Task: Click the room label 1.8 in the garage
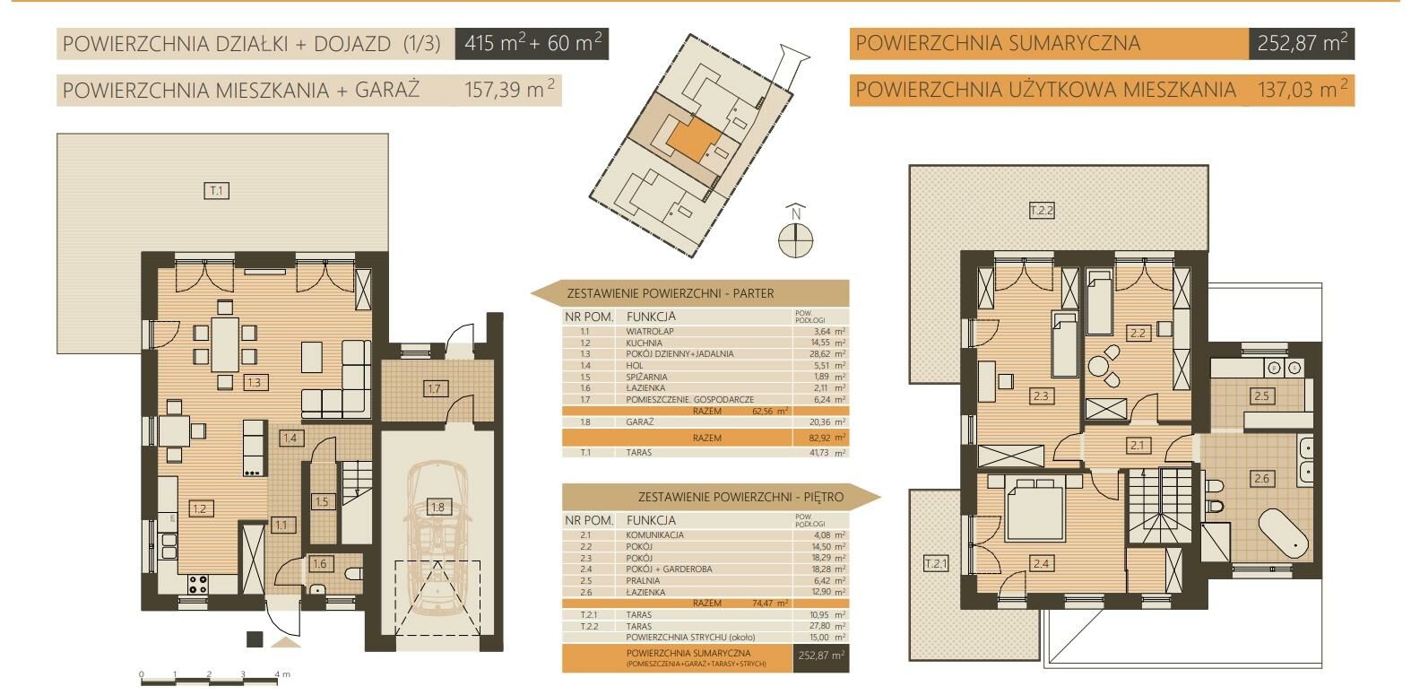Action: click(437, 507)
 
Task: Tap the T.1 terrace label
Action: click(216, 190)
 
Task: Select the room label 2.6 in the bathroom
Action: click(1261, 478)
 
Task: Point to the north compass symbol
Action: click(795, 232)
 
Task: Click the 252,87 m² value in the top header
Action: click(1302, 43)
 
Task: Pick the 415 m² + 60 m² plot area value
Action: click(532, 43)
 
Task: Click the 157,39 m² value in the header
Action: click(509, 90)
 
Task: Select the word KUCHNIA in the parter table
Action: click(644, 343)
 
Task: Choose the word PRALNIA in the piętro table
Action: click(643, 580)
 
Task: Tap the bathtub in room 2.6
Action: click(1284, 533)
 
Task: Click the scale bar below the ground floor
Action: click(210, 680)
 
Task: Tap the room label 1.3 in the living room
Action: click(255, 382)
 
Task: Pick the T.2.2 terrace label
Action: click(1042, 210)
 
